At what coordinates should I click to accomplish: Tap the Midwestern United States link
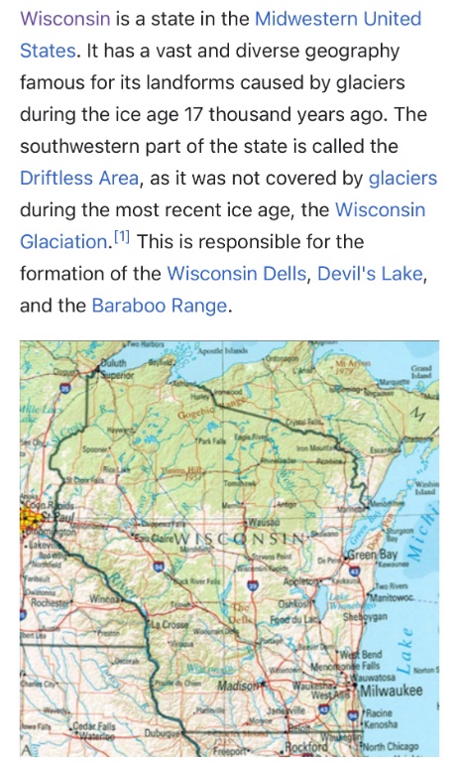338,19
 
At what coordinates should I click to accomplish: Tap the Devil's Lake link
369,274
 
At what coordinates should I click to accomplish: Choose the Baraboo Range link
160,306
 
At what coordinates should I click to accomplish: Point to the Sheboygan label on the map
372,615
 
